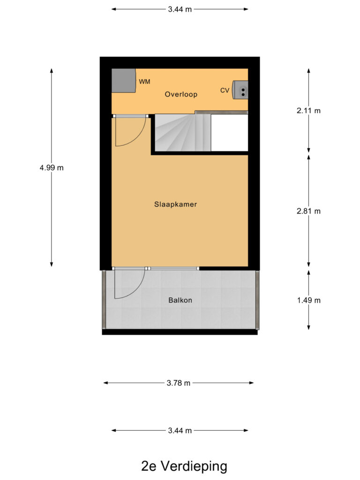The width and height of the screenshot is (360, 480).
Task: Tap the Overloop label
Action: (x=181, y=94)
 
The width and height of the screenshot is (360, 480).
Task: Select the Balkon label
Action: (x=180, y=300)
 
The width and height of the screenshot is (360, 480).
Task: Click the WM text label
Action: (x=144, y=82)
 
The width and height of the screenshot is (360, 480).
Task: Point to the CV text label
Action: (x=225, y=90)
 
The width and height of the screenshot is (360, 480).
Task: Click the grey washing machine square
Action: (x=123, y=81)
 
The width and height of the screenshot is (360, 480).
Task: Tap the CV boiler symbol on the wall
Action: (x=242, y=90)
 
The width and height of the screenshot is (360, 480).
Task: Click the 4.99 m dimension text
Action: (x=52, y=168)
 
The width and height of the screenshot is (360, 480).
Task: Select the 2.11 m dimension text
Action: (x=309, y=111)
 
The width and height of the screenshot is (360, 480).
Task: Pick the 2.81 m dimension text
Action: (x=309, y=211)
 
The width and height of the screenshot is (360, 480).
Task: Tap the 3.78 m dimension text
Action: (x=179, y=383)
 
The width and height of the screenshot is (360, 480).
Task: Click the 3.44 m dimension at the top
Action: (x=180, y=8)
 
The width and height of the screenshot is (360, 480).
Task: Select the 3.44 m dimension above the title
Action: (x=180, y=430)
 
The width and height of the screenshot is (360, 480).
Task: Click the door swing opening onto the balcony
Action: (x=127, y=284)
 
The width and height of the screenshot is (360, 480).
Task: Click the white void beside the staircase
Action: (x=229, y=133)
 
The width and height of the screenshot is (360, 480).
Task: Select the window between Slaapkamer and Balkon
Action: (x=173, y=269)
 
